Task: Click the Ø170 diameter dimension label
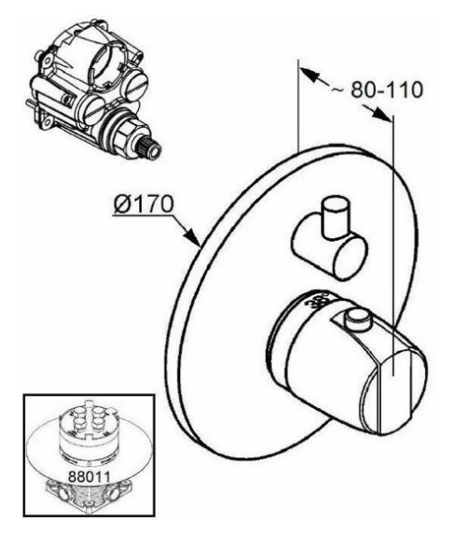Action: pyautogui.click(x=144, y=204)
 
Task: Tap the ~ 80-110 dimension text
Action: pyautogui.click(x=377, y=90)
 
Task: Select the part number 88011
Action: pyautogui.click(x=89, y=476)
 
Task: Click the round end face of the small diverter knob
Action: pyautogui.click(x=351, y=257)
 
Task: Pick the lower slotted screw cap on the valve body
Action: pyautogui.click(x=92, y=110)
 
